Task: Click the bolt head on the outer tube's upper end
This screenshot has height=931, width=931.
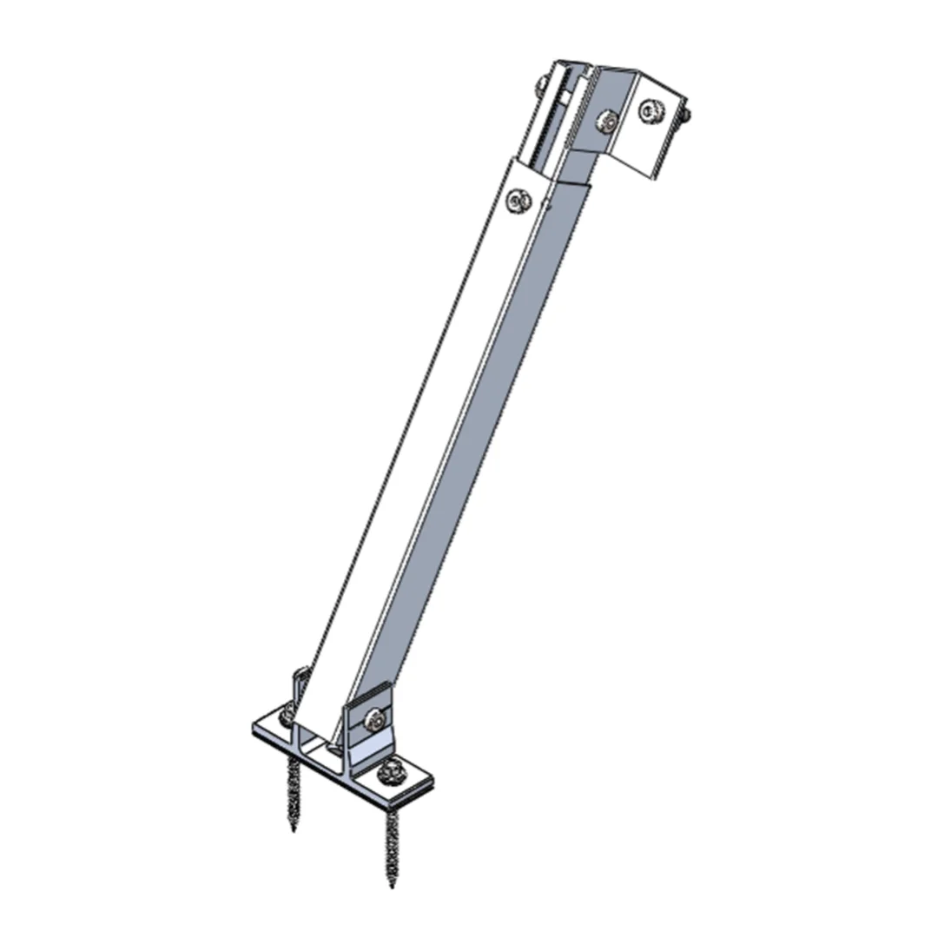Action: point(519,201)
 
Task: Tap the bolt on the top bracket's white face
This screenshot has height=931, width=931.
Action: point(650,110)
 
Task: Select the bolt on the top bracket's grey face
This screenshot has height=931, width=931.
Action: point(608,121)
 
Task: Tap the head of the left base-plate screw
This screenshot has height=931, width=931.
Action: point(287,716)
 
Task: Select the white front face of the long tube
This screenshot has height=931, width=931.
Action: point(417,434)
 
